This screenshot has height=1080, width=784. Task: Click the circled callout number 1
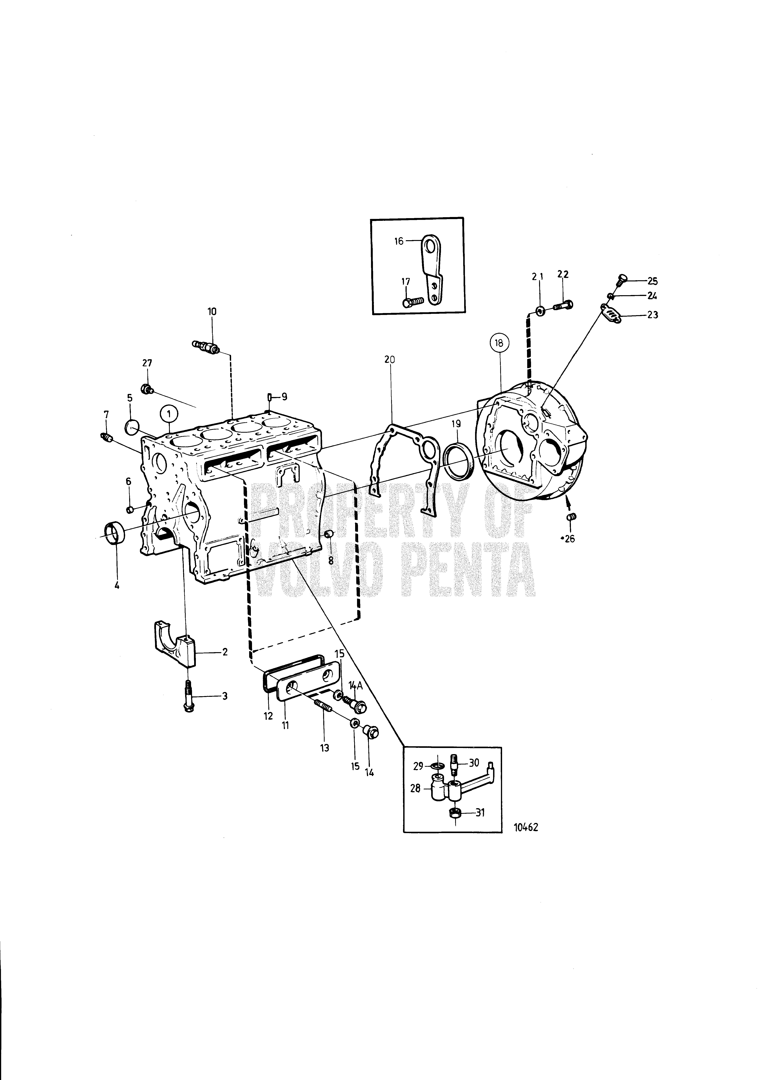pos(169,414)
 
